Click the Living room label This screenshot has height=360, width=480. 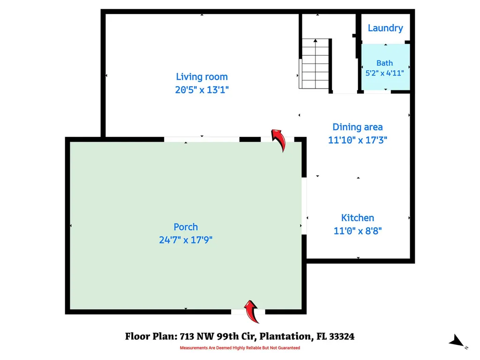point(202,76)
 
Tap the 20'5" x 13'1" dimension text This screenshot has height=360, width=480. point(202,90)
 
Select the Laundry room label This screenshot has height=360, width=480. point(385,28)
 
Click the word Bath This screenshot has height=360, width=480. point(384,63)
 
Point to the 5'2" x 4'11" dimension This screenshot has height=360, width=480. point(384,73)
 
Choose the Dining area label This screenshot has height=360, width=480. point(358,127)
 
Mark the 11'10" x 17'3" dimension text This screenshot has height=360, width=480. point(358,140)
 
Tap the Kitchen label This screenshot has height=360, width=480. point(358,217)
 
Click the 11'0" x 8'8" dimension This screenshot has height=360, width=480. point(358,231)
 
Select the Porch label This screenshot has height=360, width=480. point(186,227)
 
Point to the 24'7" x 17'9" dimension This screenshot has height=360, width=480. point(186,240)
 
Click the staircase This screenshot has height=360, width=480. point(315,64)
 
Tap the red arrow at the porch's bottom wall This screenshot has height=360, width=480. point(252,311)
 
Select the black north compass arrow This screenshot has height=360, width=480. point(457,341)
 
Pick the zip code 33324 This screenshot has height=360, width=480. point(342,337)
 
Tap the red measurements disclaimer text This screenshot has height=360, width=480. point(240,348)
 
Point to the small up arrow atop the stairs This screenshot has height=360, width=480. point(315,40)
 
